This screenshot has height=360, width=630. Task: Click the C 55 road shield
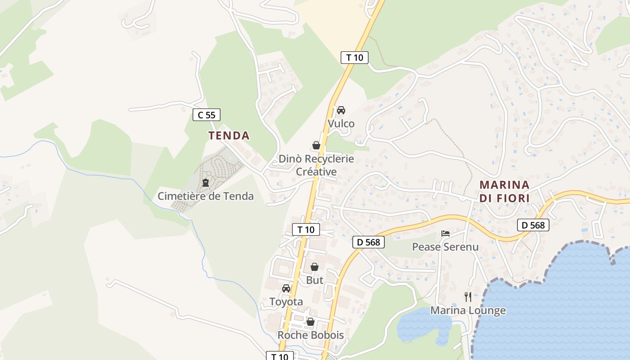[x=207, y=115]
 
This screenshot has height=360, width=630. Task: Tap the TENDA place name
[x=229, y=135]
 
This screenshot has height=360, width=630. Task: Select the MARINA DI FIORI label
[x=504, y=191]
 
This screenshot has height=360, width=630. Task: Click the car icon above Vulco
[x=341, y=110]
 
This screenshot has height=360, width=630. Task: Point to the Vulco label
[x=341, y=124]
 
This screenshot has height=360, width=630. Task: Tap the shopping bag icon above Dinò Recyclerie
[x=316, y=145]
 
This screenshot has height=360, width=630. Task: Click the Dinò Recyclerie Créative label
[x=316, y=165]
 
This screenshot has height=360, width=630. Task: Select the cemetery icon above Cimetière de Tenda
[x=206, y=183]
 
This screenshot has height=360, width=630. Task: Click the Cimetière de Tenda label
[x=206, y=196]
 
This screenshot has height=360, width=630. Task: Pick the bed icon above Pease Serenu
[x=445, y=234]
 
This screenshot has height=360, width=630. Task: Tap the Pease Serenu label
[x=445, y=247]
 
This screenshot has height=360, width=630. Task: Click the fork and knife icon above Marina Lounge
[x=468, y=297]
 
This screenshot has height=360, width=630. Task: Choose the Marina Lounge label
[x=468, y=310]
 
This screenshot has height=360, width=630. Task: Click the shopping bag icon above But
[x=315, y=267]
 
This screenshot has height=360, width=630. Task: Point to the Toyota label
[x=286, y=301]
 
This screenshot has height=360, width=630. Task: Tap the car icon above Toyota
[x=286, y=288]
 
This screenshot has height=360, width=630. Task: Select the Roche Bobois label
[x=310, y=335]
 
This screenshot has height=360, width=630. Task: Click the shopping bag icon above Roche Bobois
[x=310, y=322]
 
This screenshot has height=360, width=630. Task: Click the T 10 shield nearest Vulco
[x=355, y=58]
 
